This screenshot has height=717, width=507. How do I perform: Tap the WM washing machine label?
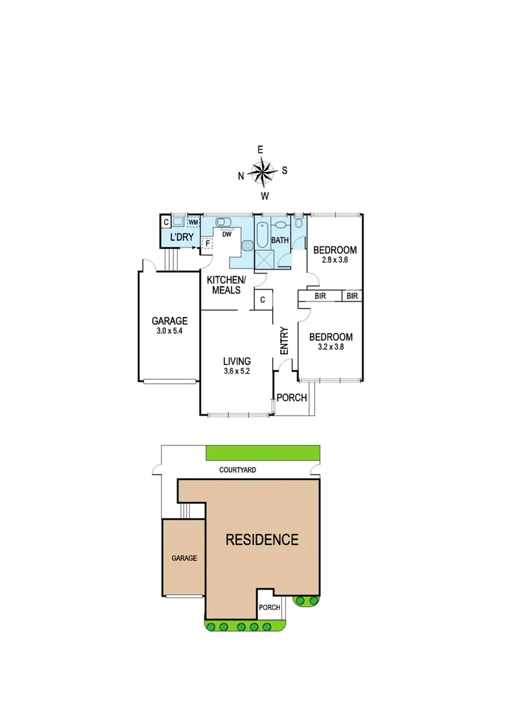tap(193, 222)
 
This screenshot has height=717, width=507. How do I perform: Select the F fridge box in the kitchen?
tap(208, 243)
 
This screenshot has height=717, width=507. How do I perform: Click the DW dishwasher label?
tap(226, 234)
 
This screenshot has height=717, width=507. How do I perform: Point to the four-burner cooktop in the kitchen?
tap(248, 245)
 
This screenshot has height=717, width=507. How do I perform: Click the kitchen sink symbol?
tap(222, 222)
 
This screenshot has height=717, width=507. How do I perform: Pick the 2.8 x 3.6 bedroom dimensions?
tap(335, 260)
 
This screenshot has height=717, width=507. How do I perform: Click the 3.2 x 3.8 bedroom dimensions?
tap(330, 346)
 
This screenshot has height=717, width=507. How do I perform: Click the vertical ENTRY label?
tap(284, 340)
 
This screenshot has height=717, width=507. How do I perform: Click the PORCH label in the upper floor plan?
tap(292, 398)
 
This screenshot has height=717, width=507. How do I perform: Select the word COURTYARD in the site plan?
tap(238, 470)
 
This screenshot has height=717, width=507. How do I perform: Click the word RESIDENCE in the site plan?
tap(262, 539)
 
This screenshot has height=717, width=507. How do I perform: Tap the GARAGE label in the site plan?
tap(184, 558)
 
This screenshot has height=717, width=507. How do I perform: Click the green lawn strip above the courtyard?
tap(263, 453)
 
